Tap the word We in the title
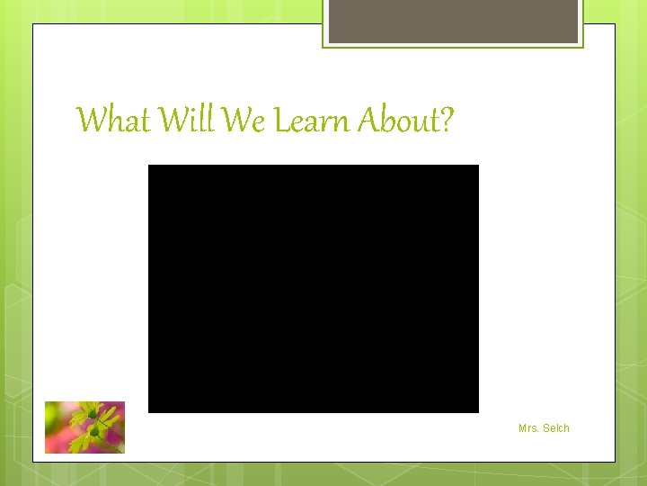[x=243, y=120]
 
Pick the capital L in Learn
[x=280, y=120]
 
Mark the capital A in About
[x=368, y=120]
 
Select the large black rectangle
[x=313, y=288]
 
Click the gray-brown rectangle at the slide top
[x=453, y=21]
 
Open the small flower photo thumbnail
[x=84, y=427]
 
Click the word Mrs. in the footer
[x=528, y=428]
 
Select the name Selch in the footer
[x=556, y=428]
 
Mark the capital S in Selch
[x=546, y=428]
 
